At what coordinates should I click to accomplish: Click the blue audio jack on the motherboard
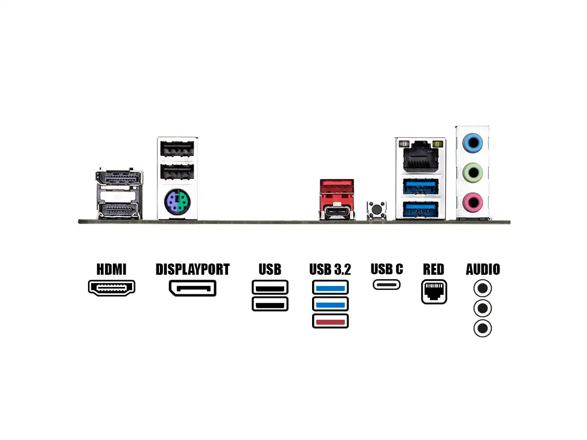click(473, 143)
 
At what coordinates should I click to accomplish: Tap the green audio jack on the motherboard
click(473, 172)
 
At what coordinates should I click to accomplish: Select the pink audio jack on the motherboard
click(473, 200)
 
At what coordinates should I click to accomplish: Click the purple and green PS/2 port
click(177, 200)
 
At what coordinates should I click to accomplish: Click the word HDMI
click(112, 269)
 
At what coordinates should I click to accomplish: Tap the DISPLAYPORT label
click(192, 269)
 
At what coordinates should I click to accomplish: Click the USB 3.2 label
click(330, 269)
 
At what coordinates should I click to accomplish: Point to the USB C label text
click(386, 269)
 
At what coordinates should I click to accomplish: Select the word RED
click(433, 269)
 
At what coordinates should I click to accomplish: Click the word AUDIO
click(483, 269)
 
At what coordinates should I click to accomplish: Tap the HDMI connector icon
click(112, 287)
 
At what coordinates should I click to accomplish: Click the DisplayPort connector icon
click(192, 288)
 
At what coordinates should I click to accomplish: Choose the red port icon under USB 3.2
click(330, 321)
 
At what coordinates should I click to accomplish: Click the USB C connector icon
click(386, 284)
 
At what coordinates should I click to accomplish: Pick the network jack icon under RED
click(434, 292)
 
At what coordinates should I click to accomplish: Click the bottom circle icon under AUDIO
click(482, 328)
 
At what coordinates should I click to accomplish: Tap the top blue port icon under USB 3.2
click(330, 287)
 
